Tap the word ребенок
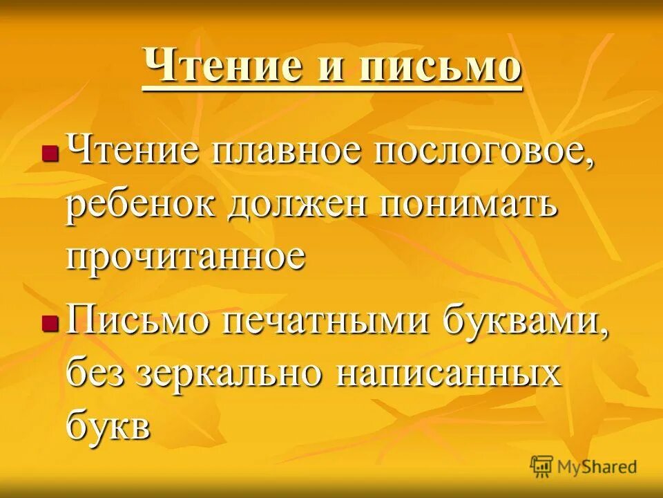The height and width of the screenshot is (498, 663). tap(141, 205)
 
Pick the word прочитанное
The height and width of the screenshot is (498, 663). tap(186, 256)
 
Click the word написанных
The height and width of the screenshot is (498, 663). tap(448, 374)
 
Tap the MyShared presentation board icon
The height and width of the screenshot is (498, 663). tap(542, 465)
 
